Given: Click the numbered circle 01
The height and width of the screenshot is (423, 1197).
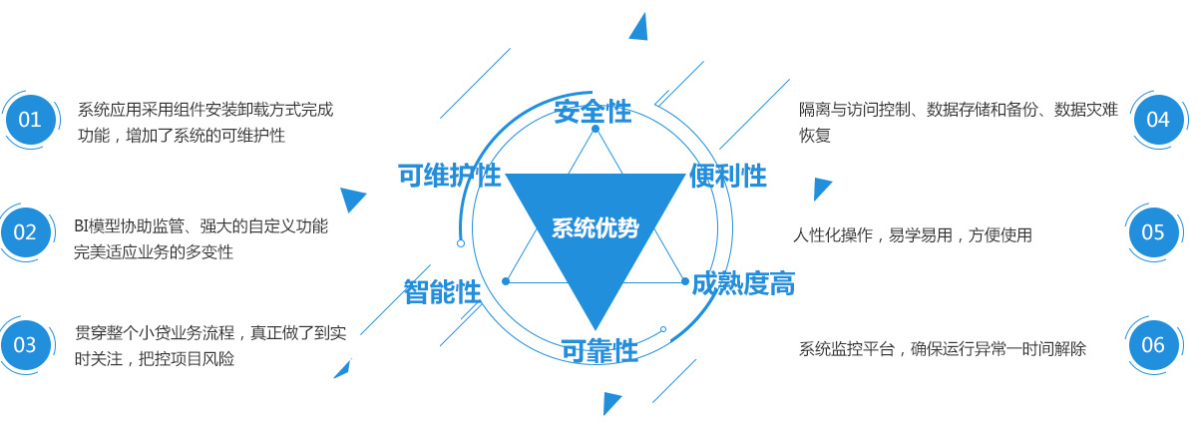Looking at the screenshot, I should [30, 120].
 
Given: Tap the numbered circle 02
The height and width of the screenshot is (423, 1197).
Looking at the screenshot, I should [25, 232].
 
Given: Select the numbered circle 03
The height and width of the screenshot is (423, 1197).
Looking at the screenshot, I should [25, 345].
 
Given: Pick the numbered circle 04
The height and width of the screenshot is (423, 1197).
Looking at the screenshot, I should [1157, 120].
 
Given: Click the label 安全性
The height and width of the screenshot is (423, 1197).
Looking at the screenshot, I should [594, 111].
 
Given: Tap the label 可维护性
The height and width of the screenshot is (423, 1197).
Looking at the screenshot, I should [449, 176].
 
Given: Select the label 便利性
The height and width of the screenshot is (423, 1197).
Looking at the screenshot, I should [727, 176].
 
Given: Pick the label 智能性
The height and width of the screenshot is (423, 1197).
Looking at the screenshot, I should [442, 291].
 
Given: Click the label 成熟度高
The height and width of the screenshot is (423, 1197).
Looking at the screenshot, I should [743, 283].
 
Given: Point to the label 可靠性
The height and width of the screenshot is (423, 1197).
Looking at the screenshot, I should [598, 350].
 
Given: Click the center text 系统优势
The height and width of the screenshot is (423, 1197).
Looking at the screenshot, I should [595, 227].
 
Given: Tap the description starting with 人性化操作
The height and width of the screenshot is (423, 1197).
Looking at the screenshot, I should [912, 235].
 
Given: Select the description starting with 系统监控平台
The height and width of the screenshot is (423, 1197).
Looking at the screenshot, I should [942, 349].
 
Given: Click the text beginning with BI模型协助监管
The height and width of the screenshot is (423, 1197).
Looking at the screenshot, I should [200, 238].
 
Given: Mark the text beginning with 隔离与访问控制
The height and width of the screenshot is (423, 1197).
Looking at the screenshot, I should [958, 122].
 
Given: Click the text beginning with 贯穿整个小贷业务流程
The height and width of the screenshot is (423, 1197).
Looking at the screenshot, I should [210, 345].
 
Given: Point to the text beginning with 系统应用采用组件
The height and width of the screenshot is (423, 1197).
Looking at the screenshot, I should [205, 122].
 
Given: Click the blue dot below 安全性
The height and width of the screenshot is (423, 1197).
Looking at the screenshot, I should [596, 129].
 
